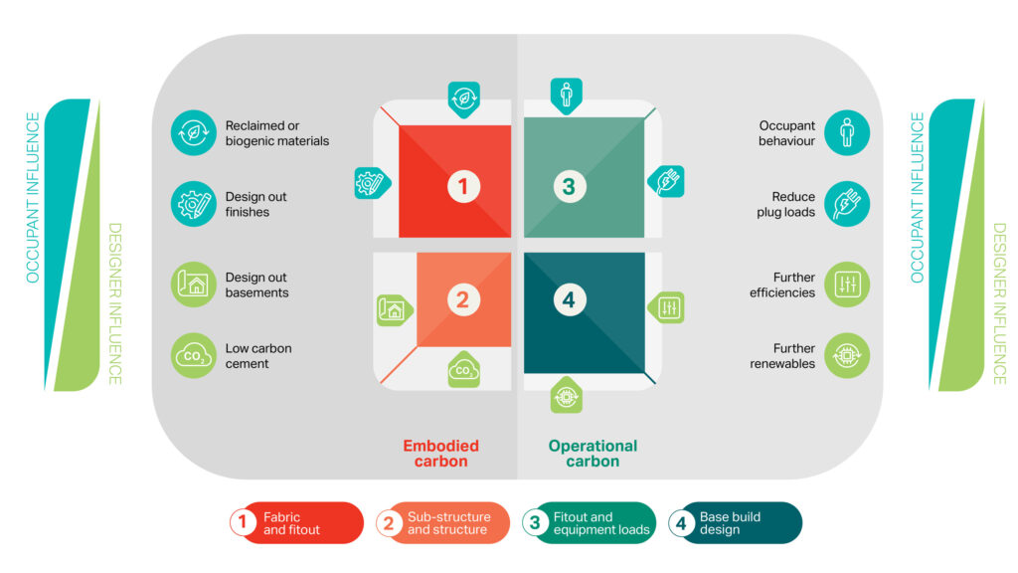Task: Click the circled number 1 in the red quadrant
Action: click(463, 186)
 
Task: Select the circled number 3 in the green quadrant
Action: click(568, 186)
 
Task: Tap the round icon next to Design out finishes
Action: click(194, 204)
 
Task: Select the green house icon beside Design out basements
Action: click(194, 285)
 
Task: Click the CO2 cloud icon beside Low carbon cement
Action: click(194, 356)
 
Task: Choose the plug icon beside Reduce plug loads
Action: click(847, 204)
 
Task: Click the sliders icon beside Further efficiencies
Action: click(847, 285)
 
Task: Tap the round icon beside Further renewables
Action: click(847, 356)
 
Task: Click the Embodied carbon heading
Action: click(440, 454)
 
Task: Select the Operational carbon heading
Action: click(593, 454)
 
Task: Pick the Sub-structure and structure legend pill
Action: click(442, 523)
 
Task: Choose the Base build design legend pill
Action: click(735, 523)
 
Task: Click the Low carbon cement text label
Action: click(258, 356)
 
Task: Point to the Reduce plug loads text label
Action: click(792, 204)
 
